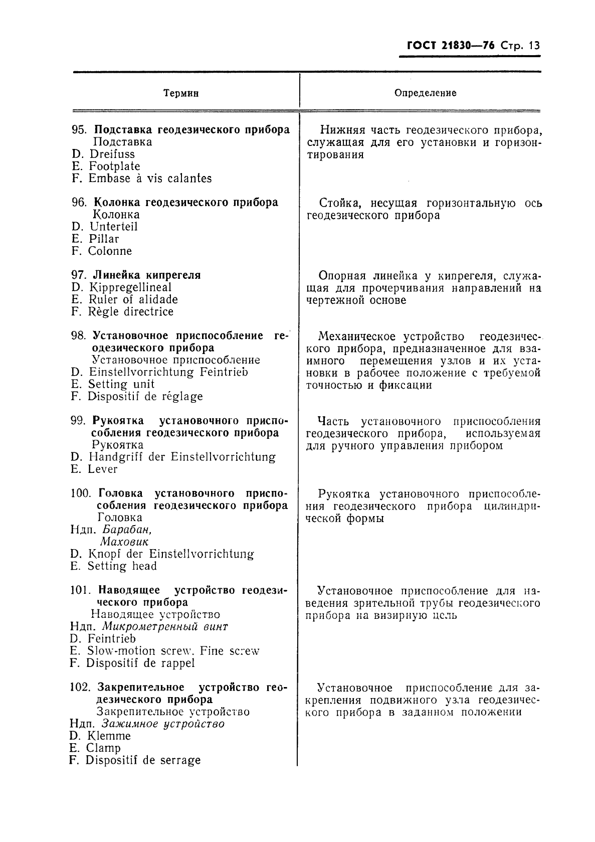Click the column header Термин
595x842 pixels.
(x=181, y=93)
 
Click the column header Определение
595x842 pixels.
(x=425, y=93)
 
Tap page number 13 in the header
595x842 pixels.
(x=534, y=46)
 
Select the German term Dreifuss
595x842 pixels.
(x=112, y=154)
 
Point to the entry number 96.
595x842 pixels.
(x=79, y=203)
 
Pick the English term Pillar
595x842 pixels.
(x=104, y=239)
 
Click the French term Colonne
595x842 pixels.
(x=110, y=251)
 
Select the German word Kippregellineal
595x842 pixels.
(x=130, y=287)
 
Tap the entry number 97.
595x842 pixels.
(x=79, y=275)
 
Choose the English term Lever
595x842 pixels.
(x=102, y=469)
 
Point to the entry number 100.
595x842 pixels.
(x=81, y=493)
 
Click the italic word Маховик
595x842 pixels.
(x=124, y=542)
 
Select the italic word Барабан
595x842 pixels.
(x=127, y=530)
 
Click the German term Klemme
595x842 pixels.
(x=108, y=736)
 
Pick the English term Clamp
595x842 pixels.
(x=103, y=748)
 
